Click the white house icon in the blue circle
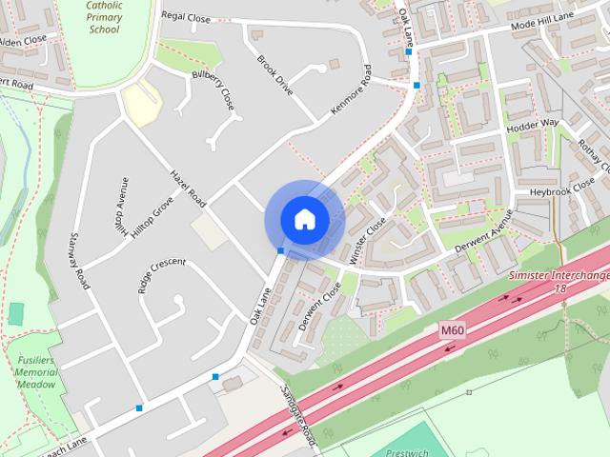click(304, 219)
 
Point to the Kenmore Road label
click(350, 90)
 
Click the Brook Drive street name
click(275, 73)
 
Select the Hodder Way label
click(533, 125)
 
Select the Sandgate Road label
click(298, 418)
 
